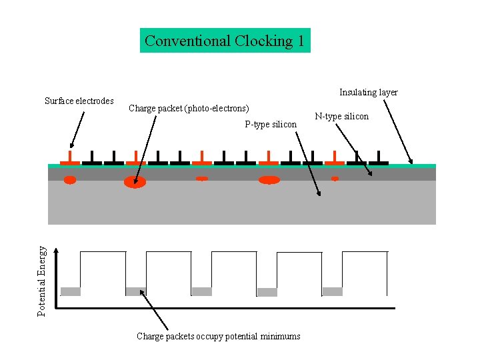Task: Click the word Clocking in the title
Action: (263, 41)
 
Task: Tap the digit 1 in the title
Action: (301, 41)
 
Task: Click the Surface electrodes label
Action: (79, 101)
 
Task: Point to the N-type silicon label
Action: (342, 117)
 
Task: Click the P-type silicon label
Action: (271, 125)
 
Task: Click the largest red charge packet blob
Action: (135, 182)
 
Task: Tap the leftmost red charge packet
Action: (70, 179)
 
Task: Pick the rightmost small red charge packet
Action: (335, 179)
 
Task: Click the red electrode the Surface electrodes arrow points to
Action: (70, 159)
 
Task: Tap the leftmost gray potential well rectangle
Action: (70, 291)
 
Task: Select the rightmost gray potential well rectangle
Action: (332, 291)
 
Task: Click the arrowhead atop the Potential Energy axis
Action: (57, 251)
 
